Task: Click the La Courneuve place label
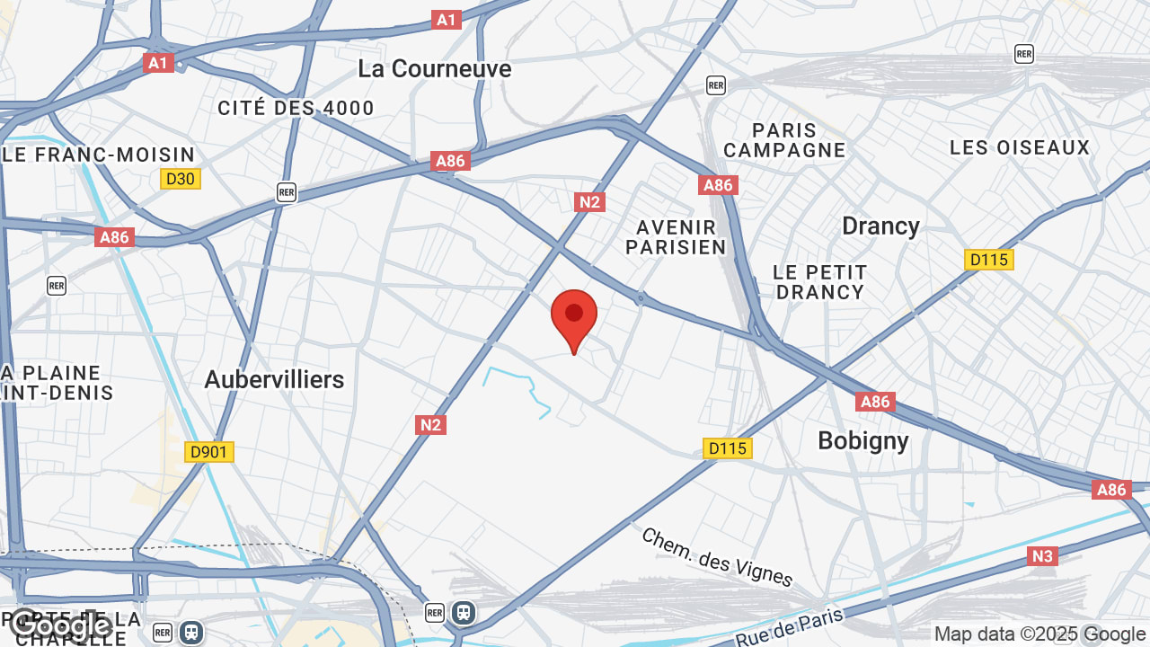434,69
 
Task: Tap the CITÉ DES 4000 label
296,109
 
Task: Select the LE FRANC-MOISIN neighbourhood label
99,155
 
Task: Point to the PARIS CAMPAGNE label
784,140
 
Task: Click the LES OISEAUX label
1020,147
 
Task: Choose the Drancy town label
880,226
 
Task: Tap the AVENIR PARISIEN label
676,237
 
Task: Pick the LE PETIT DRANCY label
820,282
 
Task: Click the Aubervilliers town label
274,379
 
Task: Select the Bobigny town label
862,440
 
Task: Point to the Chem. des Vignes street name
717,557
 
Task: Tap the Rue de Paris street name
790,627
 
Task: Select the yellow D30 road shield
181,179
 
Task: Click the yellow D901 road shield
209,451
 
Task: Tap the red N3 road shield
1042,556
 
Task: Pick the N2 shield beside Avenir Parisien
589,202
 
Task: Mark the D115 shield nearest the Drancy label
988,260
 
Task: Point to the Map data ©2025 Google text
1039,634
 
